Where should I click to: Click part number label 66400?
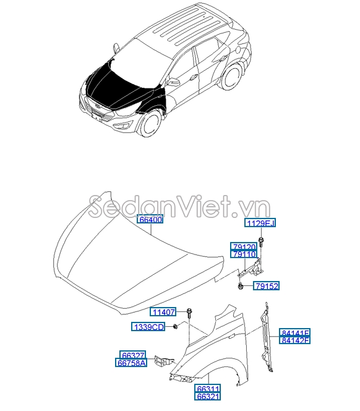coord(150,219)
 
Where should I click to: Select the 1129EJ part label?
coord(260,223)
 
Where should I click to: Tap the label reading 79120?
coord(244,246)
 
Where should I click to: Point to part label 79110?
coord(244,254)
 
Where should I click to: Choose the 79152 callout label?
coord(266,286)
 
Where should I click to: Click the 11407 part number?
coord(163,312)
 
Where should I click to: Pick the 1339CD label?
coord(148,327)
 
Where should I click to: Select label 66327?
coord(133,355)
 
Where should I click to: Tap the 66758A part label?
coord(131,363)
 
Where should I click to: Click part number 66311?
coord(207,389)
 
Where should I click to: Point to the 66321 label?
coord(207,396)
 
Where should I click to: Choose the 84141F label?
coord(295,332)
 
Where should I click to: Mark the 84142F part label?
coord(295,340)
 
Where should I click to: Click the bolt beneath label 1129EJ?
coord(261,242)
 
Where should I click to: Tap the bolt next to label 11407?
coord(189,313)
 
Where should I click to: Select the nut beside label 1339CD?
coord(175,326)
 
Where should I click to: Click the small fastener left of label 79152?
coord(239,286)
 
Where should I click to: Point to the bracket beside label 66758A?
coord(164,361)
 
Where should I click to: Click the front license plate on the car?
coord(96,116)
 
